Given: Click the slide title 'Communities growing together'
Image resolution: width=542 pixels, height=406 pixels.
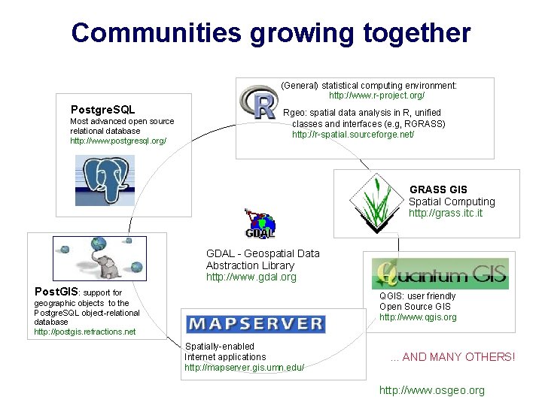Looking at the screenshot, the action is pos(271,32).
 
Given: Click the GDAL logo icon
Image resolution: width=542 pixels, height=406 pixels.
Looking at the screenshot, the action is pos(260,223).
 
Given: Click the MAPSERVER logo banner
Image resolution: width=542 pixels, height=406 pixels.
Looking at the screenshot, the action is pos(255,324).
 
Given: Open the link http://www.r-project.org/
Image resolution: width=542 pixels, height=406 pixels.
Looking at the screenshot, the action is pos(376,95).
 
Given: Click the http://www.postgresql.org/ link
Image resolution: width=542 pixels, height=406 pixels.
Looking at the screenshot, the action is pos(117,141).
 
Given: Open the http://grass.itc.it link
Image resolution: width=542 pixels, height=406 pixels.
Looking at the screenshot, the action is pos(446,213).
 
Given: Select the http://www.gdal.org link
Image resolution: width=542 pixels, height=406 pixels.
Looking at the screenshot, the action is pos(251,277).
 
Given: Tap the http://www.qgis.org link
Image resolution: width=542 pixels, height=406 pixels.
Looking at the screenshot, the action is pos(418,317).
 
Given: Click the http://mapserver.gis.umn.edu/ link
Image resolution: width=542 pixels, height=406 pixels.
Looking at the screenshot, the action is pos(244,368).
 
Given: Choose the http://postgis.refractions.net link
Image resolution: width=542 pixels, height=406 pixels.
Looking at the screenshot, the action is pos(85,332).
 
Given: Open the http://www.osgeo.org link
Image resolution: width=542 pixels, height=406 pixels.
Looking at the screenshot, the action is pos(431,390).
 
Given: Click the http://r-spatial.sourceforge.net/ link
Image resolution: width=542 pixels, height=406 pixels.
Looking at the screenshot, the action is pos(353,134).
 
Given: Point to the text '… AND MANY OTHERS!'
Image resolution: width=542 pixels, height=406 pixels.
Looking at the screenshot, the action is pos(452,357).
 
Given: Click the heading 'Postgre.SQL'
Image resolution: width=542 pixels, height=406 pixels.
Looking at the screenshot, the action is pos(102,111).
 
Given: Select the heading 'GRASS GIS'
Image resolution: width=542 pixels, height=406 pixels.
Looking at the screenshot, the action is pos(438,189).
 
